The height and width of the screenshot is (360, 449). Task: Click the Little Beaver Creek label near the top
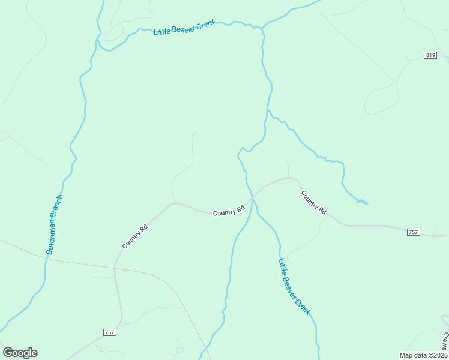[x=184, y=27]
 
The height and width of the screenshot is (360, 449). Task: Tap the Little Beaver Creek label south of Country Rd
[x=294, y=287]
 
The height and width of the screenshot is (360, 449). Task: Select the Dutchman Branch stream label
[x=54, y=224]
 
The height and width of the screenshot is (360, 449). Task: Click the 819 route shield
[x=430, y=55]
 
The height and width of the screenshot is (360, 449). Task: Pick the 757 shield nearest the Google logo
[x=109, y=332]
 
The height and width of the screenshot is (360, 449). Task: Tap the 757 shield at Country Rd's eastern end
[x=413, y=232]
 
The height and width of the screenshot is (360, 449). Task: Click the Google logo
[x=20, y=353]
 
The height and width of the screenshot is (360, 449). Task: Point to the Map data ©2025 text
[x=423, y=355]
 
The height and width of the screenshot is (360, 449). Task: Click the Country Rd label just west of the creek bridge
[x=229, y=211]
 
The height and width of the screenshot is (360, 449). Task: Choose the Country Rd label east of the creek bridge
[x=313, y=202]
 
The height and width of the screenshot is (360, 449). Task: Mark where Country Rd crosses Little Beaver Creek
[x=253, y=196]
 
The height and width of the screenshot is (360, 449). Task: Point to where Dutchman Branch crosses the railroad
[x=46, y=256]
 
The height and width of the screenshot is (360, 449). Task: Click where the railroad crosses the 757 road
[x=115, y=267]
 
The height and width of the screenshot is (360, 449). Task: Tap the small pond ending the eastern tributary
[x=362, y=202]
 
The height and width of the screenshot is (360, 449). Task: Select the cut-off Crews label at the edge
[x=445, y=341]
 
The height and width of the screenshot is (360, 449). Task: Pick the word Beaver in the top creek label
[x=185, y=27]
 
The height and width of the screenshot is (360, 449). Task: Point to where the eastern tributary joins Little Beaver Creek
[x=267, y=109]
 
